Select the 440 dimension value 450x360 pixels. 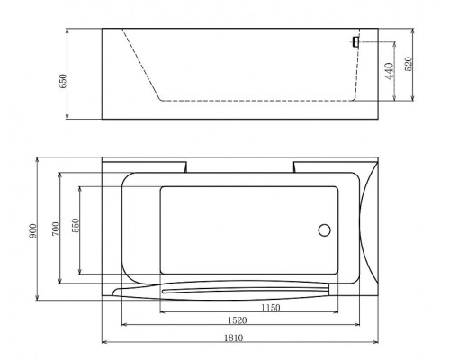[389, 71]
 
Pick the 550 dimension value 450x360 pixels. [75, 230]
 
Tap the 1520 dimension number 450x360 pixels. [238, 321]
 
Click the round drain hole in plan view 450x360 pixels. [325, 230]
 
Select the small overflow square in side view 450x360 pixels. [356, 41]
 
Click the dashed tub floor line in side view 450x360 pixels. [252, 100]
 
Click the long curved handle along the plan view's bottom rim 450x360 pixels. [225, 291]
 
